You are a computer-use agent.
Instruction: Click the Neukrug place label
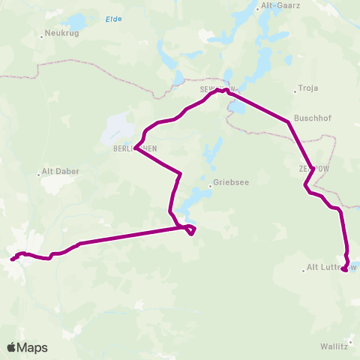(64, 32)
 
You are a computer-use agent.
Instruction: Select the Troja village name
(308, 88)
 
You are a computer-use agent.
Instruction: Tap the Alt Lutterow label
(331, 267)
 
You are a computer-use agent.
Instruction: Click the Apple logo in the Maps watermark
(12, 347)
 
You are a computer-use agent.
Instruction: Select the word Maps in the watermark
(33, 347)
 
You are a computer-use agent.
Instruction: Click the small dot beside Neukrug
(42, 32)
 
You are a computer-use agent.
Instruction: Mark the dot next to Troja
(294, 88)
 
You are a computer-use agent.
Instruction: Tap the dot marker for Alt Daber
(39, 175)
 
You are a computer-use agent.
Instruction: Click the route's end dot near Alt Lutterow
(344, 270)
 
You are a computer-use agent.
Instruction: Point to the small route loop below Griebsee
(191, 229)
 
